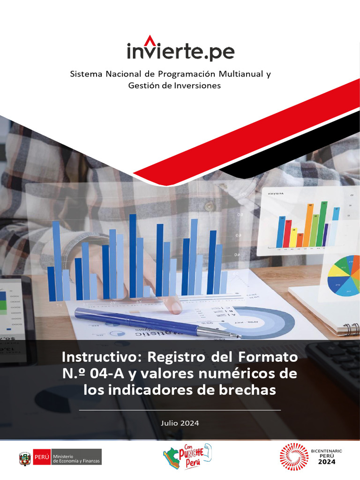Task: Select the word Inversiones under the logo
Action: click(x=197, y=85)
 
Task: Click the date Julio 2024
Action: click(x=180, y=423)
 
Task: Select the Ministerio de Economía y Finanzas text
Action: click(x=76, y=457)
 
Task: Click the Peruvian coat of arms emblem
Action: click(x=25, y=457)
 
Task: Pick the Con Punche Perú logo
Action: click(x=187, y=457)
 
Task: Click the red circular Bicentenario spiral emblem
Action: click(x=294, y=457)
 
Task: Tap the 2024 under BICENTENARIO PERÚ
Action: click(x=327, y=462)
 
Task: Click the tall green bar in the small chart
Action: click(x=323, y=225)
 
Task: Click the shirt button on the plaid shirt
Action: click(x=209, y=206)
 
